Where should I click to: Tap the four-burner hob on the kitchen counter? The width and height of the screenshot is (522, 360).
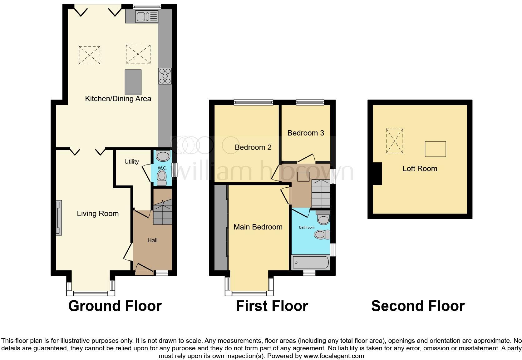coord(165,76)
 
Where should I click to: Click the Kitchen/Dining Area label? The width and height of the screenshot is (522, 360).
coord(118,99)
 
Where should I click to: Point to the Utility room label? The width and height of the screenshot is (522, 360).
coord(131,161)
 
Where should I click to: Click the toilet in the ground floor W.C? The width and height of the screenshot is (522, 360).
coord(161,177)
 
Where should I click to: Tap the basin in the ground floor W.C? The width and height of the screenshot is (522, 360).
coord(163,156)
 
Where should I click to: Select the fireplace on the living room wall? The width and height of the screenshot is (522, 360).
coord(58,218)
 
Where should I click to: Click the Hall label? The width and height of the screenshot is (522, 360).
coord(152,240)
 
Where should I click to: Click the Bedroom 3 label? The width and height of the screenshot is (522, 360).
coord(306,133)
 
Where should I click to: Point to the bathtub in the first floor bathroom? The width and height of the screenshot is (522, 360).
coord(310,263)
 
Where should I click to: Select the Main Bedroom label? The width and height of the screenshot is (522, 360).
coord(258,227)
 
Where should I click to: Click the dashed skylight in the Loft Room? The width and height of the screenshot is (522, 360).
coord(394,141)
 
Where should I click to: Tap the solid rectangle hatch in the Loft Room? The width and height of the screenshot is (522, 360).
coord(435,149)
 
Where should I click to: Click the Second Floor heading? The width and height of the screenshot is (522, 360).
coord(418,306)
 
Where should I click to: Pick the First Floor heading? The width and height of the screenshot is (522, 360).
coord(272,306)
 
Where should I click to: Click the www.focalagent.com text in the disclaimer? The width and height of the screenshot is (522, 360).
coord(334,356)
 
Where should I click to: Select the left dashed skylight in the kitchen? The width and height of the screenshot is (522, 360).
coord(90,55)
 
